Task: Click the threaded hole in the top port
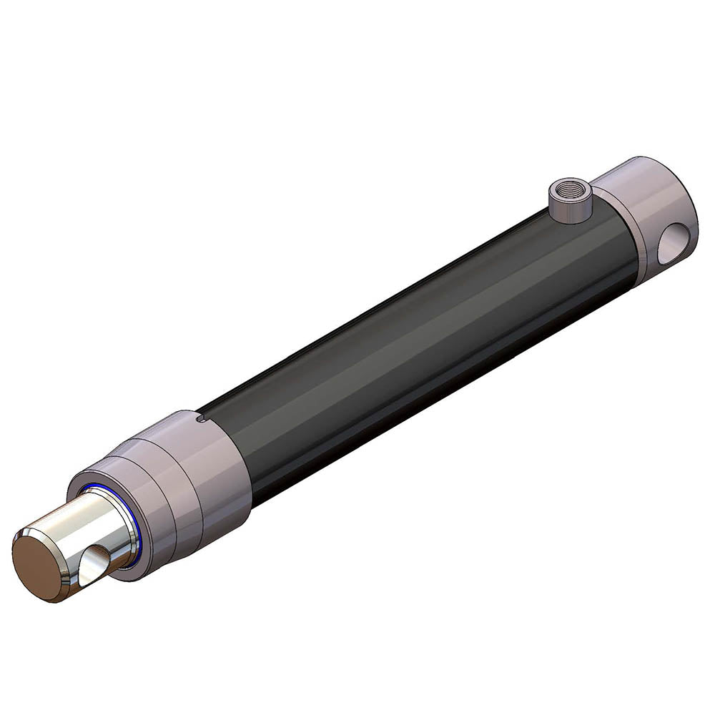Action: [568, 192]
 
